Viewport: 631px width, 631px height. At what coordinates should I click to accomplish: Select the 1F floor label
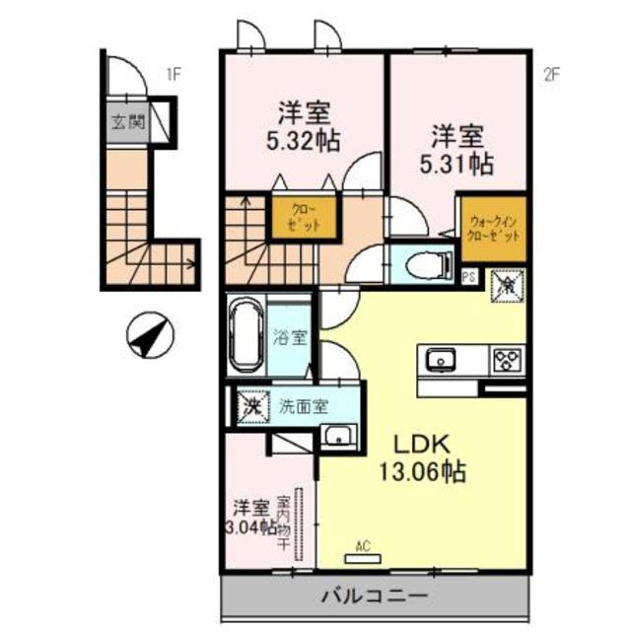point(174,72)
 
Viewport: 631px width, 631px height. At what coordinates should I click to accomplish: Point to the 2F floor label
point(552,72)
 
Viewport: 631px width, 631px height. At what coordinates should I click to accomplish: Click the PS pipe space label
point(469,278)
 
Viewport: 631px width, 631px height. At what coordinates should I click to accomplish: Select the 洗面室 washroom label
point(304,404)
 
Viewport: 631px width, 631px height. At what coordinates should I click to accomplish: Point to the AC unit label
point(362,543)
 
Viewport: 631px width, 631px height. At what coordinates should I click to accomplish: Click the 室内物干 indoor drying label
point(282,523)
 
